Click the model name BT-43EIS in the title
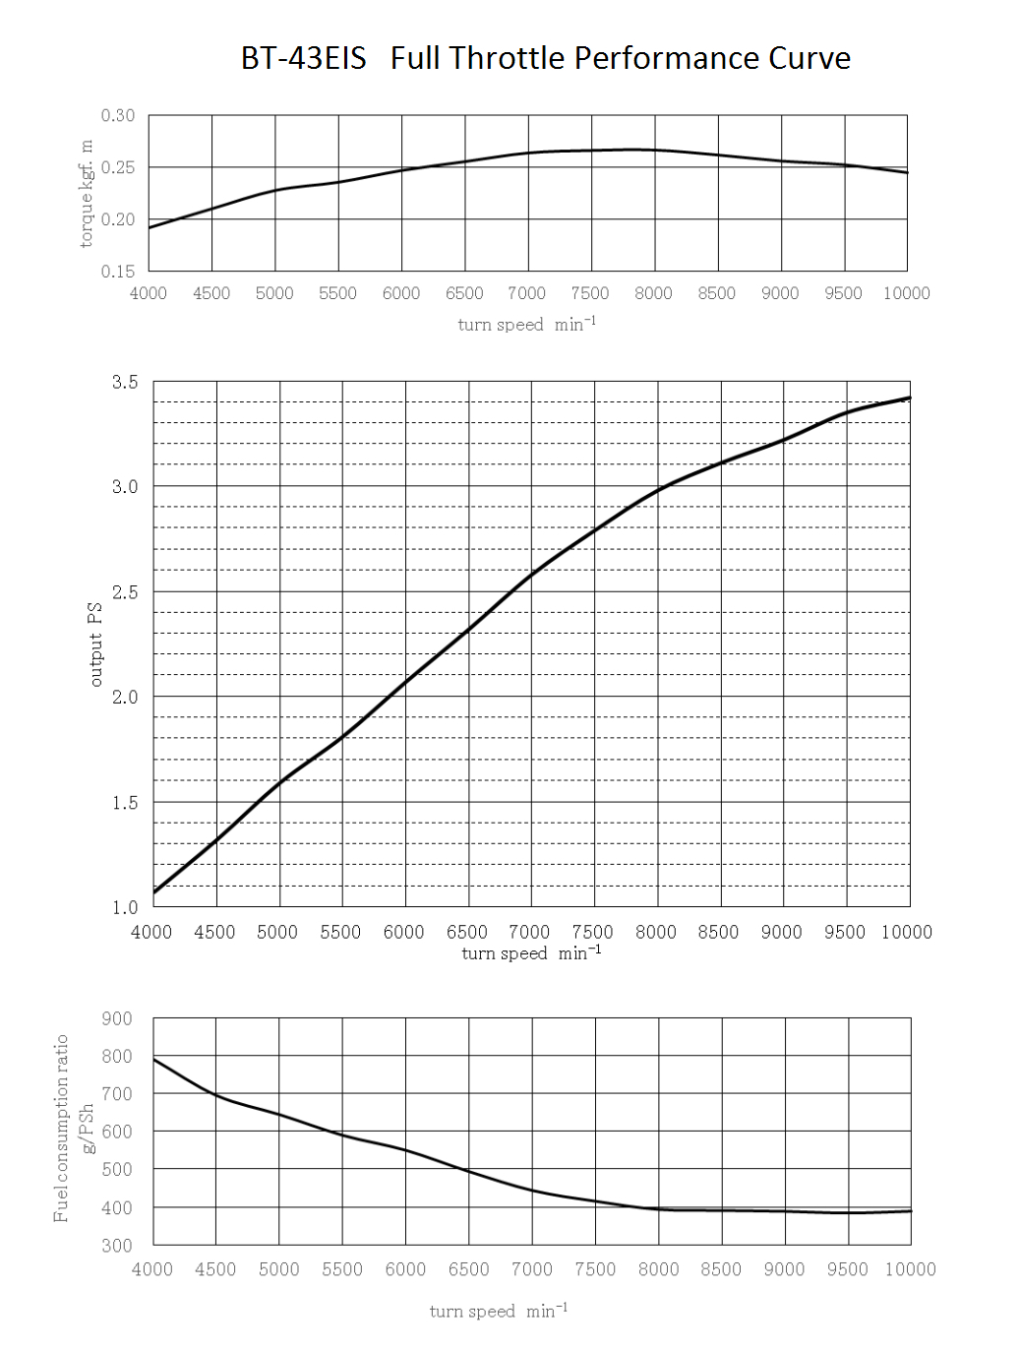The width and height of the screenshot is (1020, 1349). (x=303, y=58)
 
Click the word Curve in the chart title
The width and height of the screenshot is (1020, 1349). (x=810, y=58)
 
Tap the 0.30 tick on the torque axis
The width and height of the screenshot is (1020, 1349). (x=118, y=115)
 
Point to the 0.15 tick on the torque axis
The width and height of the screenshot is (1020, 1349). (x=118, y=271)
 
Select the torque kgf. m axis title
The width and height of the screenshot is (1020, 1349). (x=86, y=193)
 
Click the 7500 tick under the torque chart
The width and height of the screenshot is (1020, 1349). (x=590, y=293)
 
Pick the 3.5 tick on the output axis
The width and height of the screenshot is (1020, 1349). (x=125, y=382)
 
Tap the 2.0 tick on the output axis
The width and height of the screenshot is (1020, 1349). (x=125, y=697)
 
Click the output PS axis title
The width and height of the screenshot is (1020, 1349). (x=95, y=644)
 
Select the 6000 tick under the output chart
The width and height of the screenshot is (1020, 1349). (x=403, y=932)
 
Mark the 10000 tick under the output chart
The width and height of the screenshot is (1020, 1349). (x=906, y=932)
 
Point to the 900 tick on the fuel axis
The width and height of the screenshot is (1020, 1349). (x=117, y=1018)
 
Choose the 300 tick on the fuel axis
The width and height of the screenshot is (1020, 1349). (x=117, y=1245)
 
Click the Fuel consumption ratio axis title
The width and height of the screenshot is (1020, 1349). (x=62, y=1128)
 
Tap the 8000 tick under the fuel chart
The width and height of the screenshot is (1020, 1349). (x=658, y=1269)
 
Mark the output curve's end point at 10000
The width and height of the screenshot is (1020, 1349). (x=910, y=398)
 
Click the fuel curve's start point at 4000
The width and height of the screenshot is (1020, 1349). (x=154, y=1058)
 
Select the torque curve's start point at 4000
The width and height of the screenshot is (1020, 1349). (x=150, y=227)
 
